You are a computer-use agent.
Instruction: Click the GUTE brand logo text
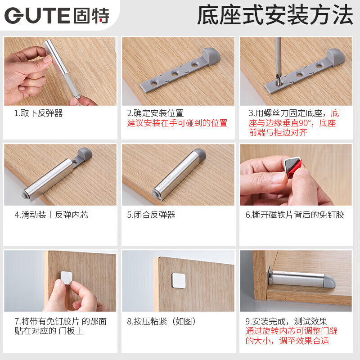tap(57, 16)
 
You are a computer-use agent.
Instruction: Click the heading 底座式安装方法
tap(275, 16)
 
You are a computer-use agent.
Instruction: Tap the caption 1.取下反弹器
tap(38, 113)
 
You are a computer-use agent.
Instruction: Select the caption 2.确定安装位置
tap(155, 113)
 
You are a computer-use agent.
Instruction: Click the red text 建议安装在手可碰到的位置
tap(177, 123)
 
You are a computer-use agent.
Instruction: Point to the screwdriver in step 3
tap(279, 58)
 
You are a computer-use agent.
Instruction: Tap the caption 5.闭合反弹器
tap(151, 215)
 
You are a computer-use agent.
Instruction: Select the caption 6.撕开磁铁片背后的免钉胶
tap(295, 215)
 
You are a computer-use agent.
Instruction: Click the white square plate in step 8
tap(180, 280)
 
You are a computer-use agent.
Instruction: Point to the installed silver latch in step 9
tap(301, 279)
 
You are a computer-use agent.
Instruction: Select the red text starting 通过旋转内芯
tap(291, 336)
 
